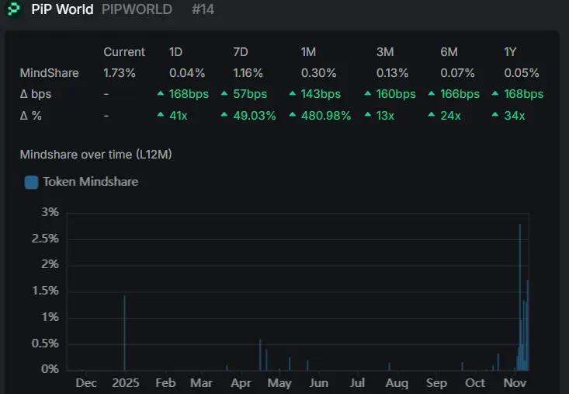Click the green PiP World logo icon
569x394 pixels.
[14, 9]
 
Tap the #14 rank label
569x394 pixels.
[203, 9]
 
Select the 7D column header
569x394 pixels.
[241, 52]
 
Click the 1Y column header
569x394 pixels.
[511, 52]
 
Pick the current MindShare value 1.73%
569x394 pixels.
[120, 73]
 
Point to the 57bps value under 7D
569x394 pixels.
[250, 94]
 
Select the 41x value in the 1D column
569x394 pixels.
[179, 115]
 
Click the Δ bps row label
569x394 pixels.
[36, 94]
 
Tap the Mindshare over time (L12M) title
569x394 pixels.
[95, 155]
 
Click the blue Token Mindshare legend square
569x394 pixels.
[32, 182]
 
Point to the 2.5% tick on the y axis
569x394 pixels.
[46, 239]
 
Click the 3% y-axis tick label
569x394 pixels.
[50, 212]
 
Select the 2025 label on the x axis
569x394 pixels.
[124, 383]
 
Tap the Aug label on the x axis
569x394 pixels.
[397, 383]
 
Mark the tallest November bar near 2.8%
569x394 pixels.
[519, 295]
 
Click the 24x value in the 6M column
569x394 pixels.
[448, 115]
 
